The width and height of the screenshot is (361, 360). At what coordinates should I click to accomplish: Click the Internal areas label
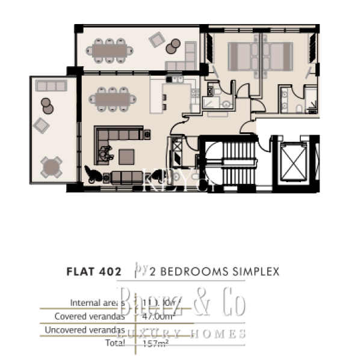coord(97,302)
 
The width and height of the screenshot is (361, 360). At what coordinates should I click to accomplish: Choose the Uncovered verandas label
coord(85,329)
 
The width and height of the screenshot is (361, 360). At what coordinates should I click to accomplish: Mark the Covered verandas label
coord(90,316)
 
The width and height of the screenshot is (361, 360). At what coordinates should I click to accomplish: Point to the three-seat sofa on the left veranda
coord(51,86)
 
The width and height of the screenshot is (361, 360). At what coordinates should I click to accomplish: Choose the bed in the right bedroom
coord(277,56)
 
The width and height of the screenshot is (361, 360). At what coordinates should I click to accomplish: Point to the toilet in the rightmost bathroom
coord(299,108)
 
